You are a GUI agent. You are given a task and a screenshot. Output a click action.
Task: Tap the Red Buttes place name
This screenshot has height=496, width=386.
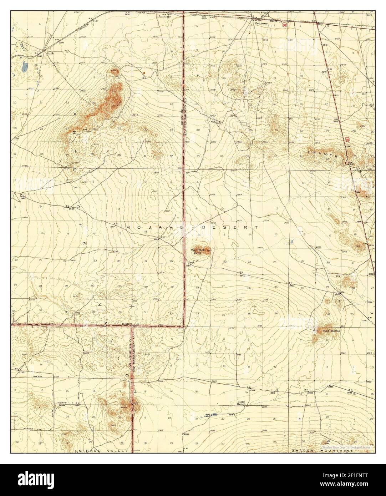click(331, 331)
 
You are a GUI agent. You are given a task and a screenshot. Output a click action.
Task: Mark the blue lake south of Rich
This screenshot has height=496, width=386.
click(24, 66)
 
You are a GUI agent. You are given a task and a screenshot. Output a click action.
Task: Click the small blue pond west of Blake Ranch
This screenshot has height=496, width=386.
click(214, 415)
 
